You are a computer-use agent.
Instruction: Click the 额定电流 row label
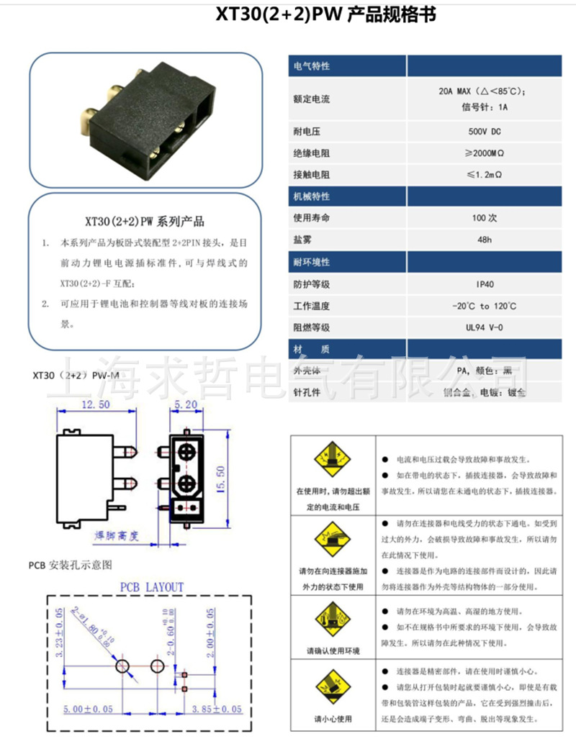[312, 99]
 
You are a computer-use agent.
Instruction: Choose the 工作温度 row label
[312, 306]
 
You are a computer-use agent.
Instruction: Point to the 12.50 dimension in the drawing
[95, 405]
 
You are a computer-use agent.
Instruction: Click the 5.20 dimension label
[185, 405]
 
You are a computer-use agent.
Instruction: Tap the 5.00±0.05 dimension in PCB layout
[91, 709]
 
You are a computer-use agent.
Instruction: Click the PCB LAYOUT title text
[151, 587]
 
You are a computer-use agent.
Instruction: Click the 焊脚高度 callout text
[117, 536]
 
